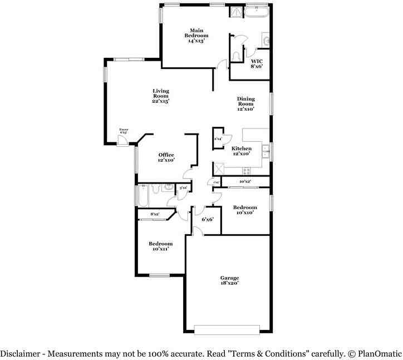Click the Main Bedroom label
pos(195,36)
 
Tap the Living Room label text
pos(161,96)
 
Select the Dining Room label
pos(245,103)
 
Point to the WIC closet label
pos(257,63)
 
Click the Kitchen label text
pos(242,151)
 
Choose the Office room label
pos(166,157)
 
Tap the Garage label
pos(229,280)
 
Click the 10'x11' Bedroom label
pos(160,246)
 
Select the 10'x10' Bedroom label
pos(245,210)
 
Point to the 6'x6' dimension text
pos(208,219)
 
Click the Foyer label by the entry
pos(124,131)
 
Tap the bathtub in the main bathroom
pos(257,12)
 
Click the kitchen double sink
pos(267,149)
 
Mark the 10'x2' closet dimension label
pos(245,182)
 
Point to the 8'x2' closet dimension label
pos(155,214)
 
